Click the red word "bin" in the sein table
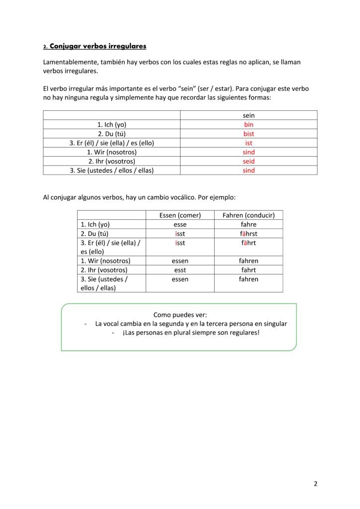[249, 125]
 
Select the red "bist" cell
[249, 134]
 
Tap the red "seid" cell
[249, 161]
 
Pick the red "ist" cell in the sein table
[249, 143]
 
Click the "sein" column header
[249, 115]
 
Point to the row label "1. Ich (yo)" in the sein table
[112, 125]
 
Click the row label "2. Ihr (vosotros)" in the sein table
[112, 161]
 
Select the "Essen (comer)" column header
[180, 215]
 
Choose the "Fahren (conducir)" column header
[249, 215]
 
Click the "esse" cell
[180, 224]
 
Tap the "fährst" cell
[249, 234]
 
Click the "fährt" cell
[249, 243]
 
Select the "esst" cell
[180, 270]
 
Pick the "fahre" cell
[249, 224]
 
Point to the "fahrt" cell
[249, 270]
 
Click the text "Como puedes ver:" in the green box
[180, 315]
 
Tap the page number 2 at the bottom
[315, 484]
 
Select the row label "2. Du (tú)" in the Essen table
[94, 234]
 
